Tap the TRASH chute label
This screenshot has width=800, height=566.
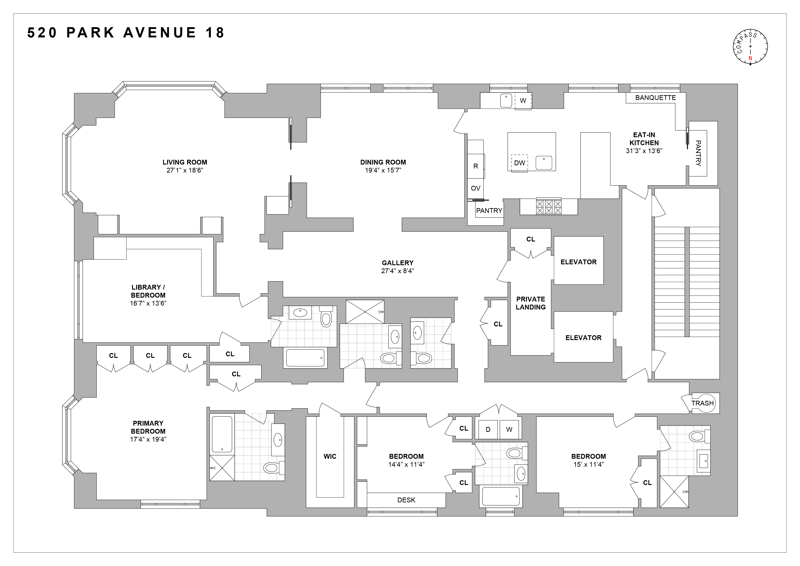pyautogui.click(x=702, y=403)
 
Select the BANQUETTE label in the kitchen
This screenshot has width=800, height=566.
pyautogui.click(x=655, y=98)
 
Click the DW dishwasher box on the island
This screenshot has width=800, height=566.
pyautogui.click(x=519, y=163)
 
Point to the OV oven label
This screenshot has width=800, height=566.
pyautogui.click(x=476, y=188)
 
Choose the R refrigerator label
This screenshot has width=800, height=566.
pyautogui.click(x=476, y=166)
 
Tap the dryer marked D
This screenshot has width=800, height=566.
pyautogui.click(x=488, y=429)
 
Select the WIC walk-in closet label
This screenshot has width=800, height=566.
pyautogui.click(x=330, y=456)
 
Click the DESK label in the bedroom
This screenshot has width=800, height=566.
pyautogui.click(x=406, y=500)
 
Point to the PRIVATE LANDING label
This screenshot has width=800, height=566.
pyautogui.click(x=531, y=303)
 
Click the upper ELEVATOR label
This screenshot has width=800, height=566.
pyautogui.click(x=579, y=262)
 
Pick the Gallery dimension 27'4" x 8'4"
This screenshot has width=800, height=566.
pyautogui.click(x=398, y=271)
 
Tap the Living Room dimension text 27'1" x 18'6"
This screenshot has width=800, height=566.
pyautogui.click(x=185, y=170)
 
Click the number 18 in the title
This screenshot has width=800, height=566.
pyautogui.click(x=215, y=33)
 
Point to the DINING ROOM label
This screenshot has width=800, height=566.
pyautogui.click(x=383, y=162)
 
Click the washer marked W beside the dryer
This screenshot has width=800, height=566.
pyautogui.click(x=509, y=429)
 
